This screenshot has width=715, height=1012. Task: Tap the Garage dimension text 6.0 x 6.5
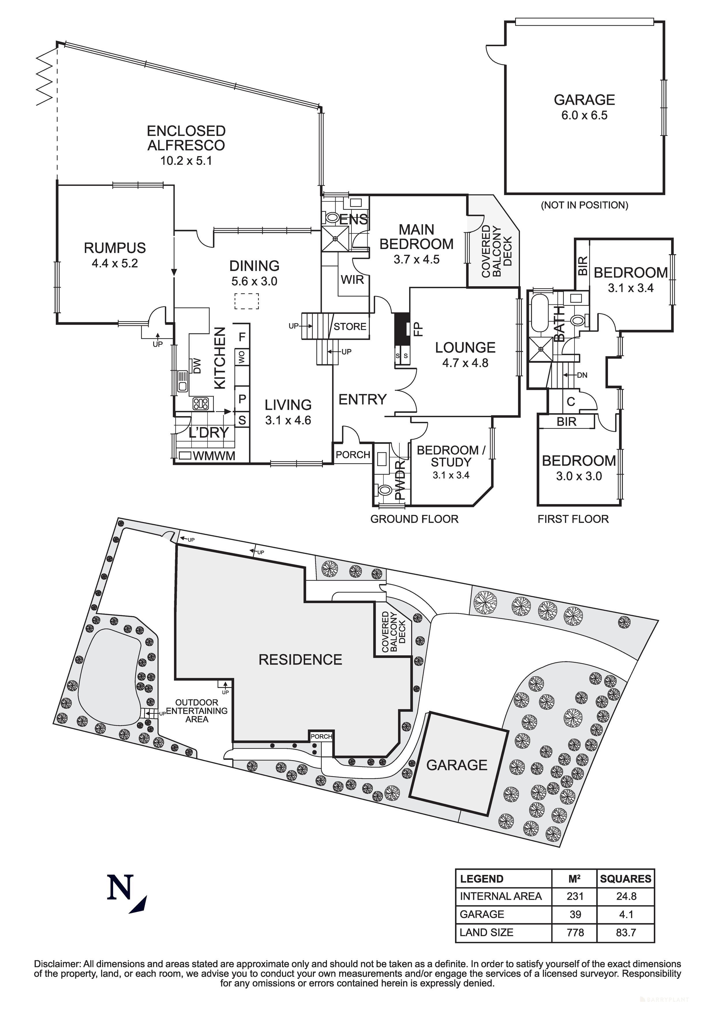pyautogui.click(x=584, y=115)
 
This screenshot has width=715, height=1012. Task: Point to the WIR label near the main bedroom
pyautogui.click(x=352, y=279)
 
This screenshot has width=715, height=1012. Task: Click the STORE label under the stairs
pyautogui.click(x=350, y=327)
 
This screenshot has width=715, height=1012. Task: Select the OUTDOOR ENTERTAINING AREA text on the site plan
pyautogui.click(x=196, y=711)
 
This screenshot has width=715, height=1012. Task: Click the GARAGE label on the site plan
pyautogui.click(x=457, y=765)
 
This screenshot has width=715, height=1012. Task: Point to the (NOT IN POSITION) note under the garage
pyautogui.click(x=584, y=205)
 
